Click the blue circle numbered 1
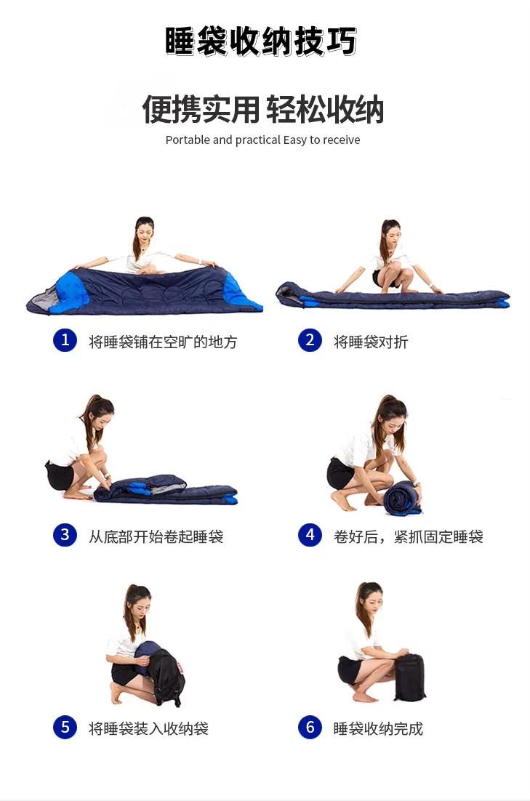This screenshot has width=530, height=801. [65, 340]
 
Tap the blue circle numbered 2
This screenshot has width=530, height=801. [310, 340]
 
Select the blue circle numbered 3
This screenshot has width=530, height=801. [65, 535]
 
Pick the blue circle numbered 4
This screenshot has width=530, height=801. [310, 535]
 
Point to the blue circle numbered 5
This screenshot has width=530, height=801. [65, 727]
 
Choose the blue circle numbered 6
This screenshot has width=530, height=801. [310, 727]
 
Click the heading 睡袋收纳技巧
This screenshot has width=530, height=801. [261, 41]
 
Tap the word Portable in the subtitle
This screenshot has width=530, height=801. [188, 140]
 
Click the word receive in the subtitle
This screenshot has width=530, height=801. [341, 140]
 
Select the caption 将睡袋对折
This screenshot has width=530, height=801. [371, 342]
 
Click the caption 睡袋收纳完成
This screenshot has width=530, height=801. [378, 728]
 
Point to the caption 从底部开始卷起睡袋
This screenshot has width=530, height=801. [156, 537]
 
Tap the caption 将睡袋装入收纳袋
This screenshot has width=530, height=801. [148, 728]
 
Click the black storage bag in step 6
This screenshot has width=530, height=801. [409, 677]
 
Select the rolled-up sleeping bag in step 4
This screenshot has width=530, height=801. [401, 499]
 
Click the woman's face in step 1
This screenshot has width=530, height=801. [145, 232]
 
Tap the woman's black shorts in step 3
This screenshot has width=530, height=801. [60, 475]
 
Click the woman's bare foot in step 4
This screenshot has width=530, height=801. [340, 501]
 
